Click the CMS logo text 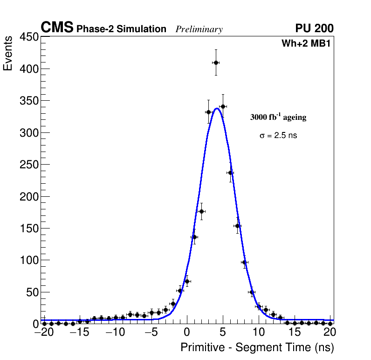click(57, 28)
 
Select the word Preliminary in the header click(199, 29)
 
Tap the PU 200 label click(314, 28)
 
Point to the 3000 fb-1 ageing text click(278, 117)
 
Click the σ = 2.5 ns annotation click(278, 136)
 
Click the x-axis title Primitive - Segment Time click(257, 347)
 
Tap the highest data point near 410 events click(216, 62)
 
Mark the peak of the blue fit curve click(217, 109)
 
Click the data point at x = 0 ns click(187, 281)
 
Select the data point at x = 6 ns click(230, 173)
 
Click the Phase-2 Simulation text click(121, 29)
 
